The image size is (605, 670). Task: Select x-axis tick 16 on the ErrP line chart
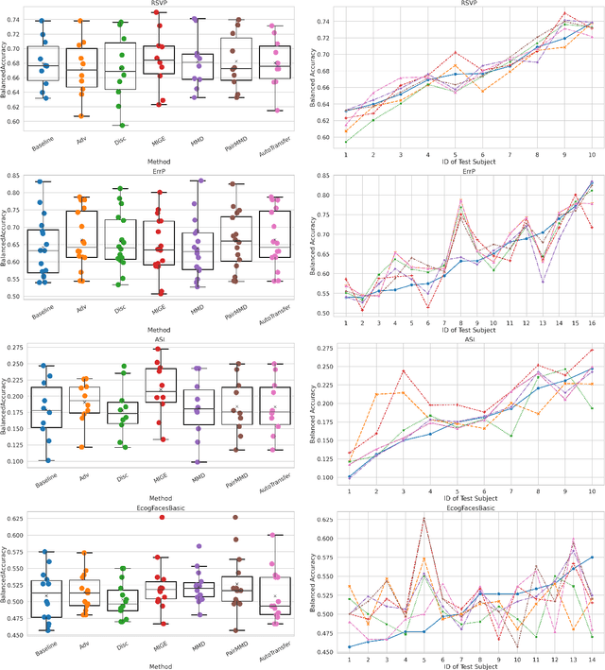click(x=592, y=323)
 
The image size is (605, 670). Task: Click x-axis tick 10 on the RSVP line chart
click(x=592, y=153)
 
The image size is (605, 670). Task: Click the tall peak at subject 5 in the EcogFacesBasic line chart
click(x=423, y=518)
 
